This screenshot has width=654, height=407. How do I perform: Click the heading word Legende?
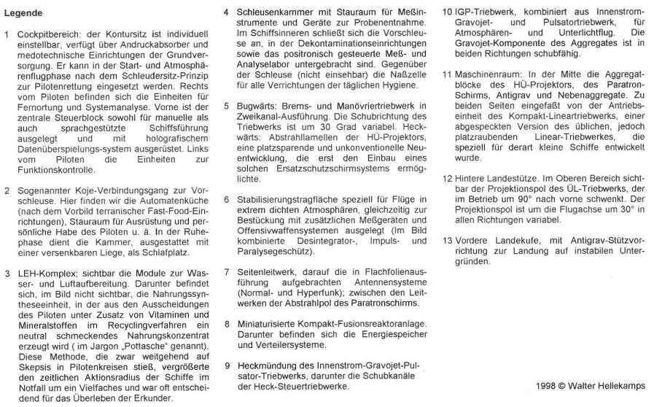(x=23, y=13)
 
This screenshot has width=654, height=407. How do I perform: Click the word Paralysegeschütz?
(x=273, y=251)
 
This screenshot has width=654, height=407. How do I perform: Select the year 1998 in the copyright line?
(x=545, y=386)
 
